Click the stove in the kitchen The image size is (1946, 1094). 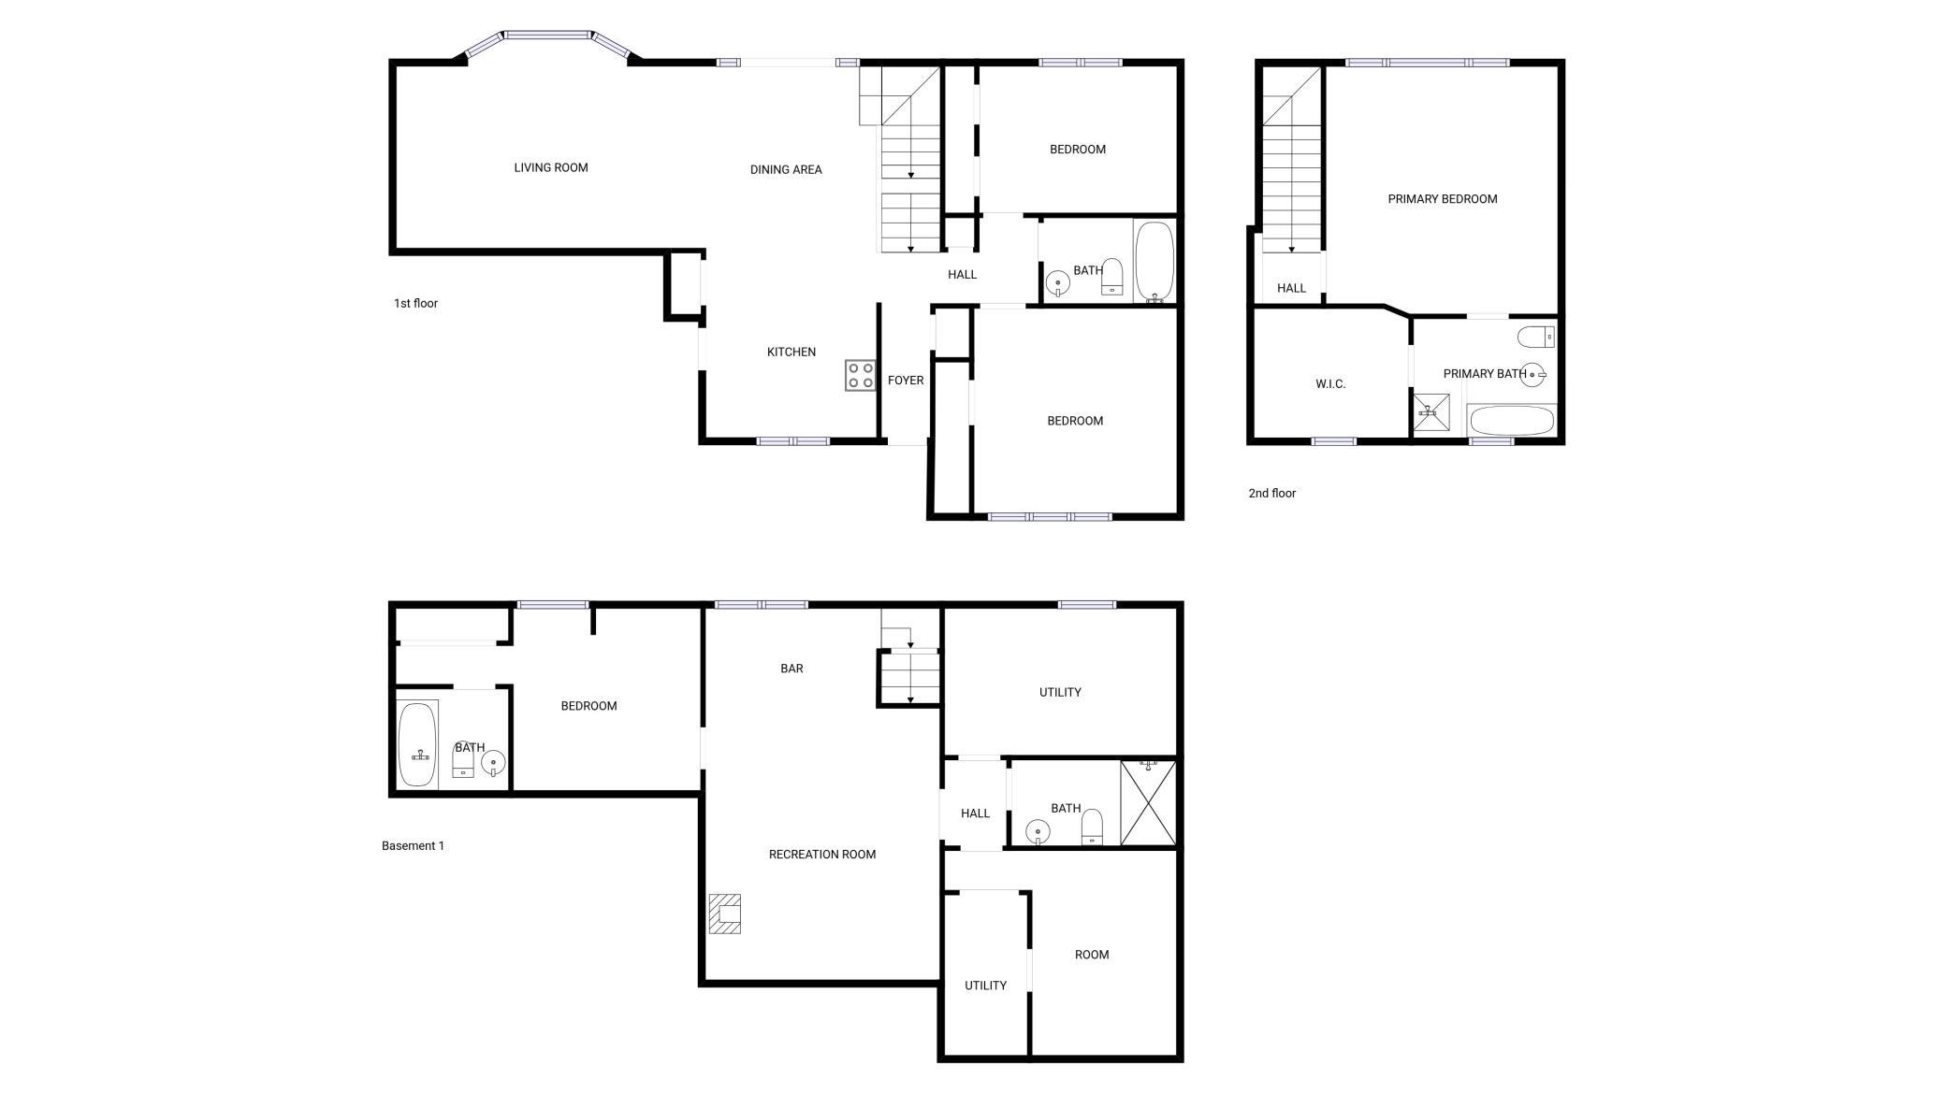pos(861,375)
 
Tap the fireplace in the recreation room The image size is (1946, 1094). pos(725,914)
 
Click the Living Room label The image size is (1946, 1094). pos(551,167)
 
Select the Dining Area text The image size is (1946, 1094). pos(786,169)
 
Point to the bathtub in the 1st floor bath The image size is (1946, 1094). pos(1155,262)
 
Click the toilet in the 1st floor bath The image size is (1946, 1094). pos(1112,277)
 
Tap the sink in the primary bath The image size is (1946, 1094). pos(1532,374)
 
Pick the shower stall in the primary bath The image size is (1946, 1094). pos(1430,412)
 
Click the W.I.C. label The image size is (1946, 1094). pos(1330,384)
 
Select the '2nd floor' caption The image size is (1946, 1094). pos(1272,493)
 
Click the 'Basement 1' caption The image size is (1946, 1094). pos(413,845)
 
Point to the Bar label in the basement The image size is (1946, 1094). pos(791,669)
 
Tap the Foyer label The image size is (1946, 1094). pos(906,381)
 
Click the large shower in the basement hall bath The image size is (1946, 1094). pos(1148,803)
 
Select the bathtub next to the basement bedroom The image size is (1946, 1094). pos(417,744)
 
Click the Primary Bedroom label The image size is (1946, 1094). pos(1443,199)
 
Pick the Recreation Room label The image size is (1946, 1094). pos(822,854)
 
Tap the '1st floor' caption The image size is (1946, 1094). pos(415,303)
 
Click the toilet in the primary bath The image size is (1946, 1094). pos(1536,337)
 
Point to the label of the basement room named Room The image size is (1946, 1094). pos(1092,955)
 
